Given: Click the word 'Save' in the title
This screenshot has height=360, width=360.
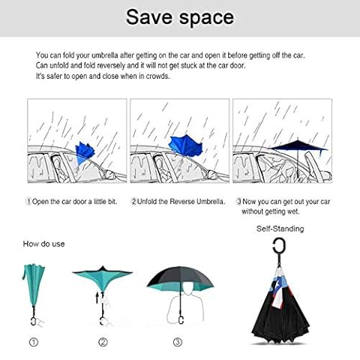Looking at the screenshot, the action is pyautogui.click(x=149, y=17).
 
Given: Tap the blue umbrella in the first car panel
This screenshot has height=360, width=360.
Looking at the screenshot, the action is pyautogui.click(x=85, y=153).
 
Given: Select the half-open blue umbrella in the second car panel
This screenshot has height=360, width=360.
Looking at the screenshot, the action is pyautogui.click(x=185, y=145).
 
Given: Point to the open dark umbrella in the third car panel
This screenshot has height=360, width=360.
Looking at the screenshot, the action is pyautogui.click(x=298, y=146).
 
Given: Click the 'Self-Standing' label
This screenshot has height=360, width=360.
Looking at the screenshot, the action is pyautogui.click(x=280, y=229).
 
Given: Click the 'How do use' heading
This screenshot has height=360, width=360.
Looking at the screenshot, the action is pyautogui.click(x=43, y=244).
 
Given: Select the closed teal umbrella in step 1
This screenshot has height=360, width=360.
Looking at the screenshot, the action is pyautogui.click(x=34, y=286).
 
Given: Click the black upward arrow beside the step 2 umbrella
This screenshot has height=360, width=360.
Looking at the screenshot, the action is pyautogui.click(x=97, y=298).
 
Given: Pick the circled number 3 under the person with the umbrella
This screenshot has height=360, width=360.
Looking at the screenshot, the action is pyautogui.click(x=178, y=342).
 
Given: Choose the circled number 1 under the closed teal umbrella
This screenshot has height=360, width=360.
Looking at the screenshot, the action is pyautogui.click(x=34, y=342).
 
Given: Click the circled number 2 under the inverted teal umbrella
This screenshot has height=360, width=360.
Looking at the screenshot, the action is pyautogui.click(x=103, y=342).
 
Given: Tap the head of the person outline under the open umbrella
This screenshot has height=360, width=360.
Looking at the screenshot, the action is pyautogui.click(x=187, y=288).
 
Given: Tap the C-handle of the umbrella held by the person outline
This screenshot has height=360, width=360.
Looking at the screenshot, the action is pyautogui.click(x=181, y=319).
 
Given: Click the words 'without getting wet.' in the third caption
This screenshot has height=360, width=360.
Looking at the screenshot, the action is pyautogui.click(x=271, y=211).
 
